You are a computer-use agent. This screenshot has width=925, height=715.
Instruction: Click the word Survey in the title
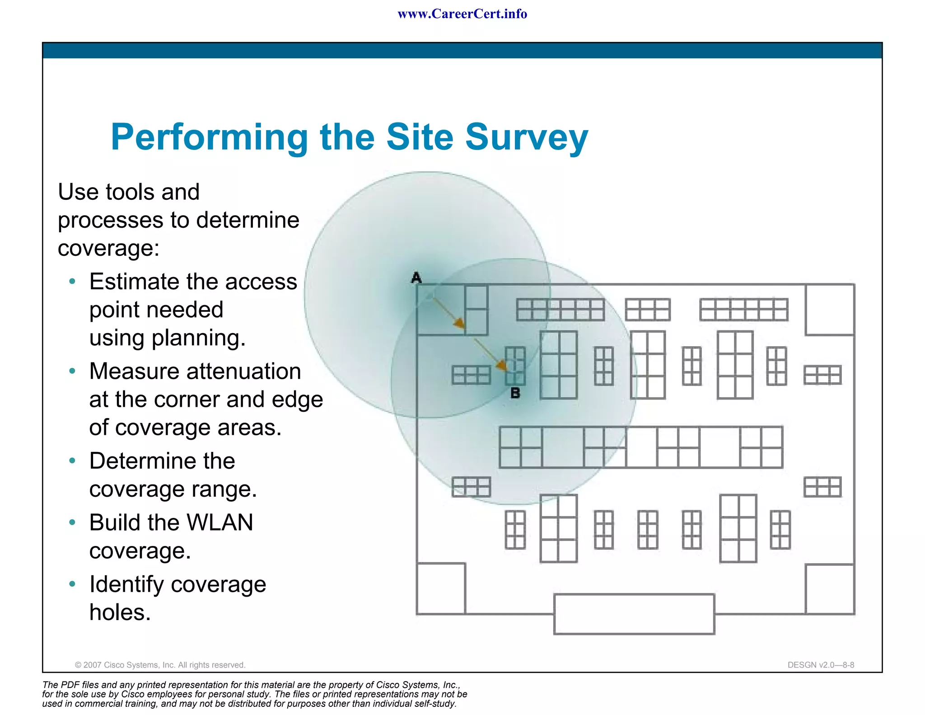[x=527, y=137]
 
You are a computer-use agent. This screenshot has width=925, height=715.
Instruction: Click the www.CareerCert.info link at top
[x=462, y=14]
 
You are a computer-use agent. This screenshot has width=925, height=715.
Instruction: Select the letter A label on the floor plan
[x=416, y=278]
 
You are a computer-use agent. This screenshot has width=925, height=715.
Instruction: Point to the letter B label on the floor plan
[x=515, y=393]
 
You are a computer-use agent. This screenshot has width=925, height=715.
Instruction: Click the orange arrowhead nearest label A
[x=459, y=323]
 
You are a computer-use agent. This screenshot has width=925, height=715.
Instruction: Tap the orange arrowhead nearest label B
[x=501, y=365]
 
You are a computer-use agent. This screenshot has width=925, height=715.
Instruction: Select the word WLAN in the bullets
[x=220, y=522]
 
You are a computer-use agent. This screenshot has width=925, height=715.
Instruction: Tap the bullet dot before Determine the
[x=72, y=461]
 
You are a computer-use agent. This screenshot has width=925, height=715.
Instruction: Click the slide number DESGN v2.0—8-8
[x=821, y=665]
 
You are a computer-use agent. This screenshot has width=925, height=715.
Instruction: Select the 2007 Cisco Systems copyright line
[x=160, y=665]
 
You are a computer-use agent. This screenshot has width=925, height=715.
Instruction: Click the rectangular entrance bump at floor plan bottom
[x=634, y=614]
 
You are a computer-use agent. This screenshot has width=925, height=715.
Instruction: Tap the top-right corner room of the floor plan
[x=830, y=310]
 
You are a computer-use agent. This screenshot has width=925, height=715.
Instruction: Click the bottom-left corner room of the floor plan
[x=441, y=588]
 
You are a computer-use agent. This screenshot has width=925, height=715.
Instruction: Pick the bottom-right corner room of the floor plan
[x=830, y=589]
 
